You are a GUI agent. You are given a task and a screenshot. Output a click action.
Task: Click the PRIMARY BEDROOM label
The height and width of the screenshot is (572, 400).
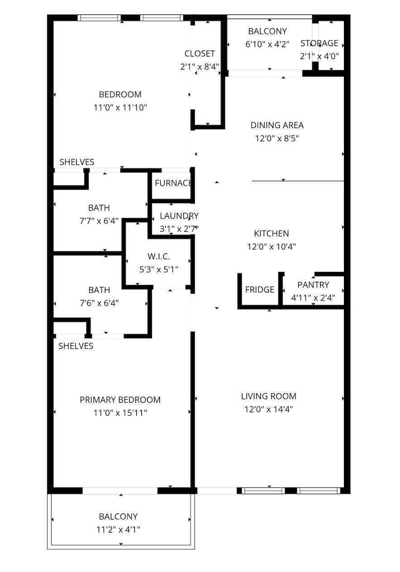pos(120,400)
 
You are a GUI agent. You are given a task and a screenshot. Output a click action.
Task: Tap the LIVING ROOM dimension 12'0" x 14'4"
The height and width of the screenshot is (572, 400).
pos(268,410)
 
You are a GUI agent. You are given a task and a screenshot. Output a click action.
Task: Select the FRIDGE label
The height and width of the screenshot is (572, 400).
pos(260,290)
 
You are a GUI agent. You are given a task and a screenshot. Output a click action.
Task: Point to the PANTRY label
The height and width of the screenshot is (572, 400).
pos(313,285)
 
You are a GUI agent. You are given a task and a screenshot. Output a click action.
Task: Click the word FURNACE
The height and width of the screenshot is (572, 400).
pos(173,183)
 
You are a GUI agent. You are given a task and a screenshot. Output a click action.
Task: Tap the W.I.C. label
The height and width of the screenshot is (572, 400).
pos(158,257)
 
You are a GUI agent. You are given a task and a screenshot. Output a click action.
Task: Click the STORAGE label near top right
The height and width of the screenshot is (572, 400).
pos(319,43)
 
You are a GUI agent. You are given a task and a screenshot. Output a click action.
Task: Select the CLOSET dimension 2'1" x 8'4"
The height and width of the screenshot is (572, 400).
pos(200,67)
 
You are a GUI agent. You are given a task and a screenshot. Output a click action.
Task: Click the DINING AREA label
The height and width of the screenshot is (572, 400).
pos(277,125)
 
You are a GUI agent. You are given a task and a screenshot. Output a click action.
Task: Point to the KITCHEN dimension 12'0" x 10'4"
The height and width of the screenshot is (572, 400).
pos(271,247)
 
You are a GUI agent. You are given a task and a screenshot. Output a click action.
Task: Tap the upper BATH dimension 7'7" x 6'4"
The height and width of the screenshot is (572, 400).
pos(99,221)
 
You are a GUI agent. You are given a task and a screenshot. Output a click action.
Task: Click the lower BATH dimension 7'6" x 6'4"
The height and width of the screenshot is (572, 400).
pos(99,303)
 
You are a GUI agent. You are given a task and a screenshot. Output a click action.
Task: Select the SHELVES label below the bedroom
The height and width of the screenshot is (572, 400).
pos(77,162)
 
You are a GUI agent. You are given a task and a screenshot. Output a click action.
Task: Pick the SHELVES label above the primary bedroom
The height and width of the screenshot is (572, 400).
pos(76,346)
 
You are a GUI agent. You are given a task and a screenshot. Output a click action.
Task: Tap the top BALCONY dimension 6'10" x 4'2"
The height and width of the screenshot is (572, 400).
pos(267,44)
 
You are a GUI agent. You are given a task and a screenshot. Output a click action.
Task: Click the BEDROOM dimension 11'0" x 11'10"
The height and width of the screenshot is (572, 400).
pos(120,108)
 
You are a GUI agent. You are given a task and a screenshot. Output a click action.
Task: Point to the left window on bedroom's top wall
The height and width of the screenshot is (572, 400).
pos(99,18)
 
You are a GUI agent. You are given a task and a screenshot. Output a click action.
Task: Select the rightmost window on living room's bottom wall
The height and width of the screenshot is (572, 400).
pos(318,491)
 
